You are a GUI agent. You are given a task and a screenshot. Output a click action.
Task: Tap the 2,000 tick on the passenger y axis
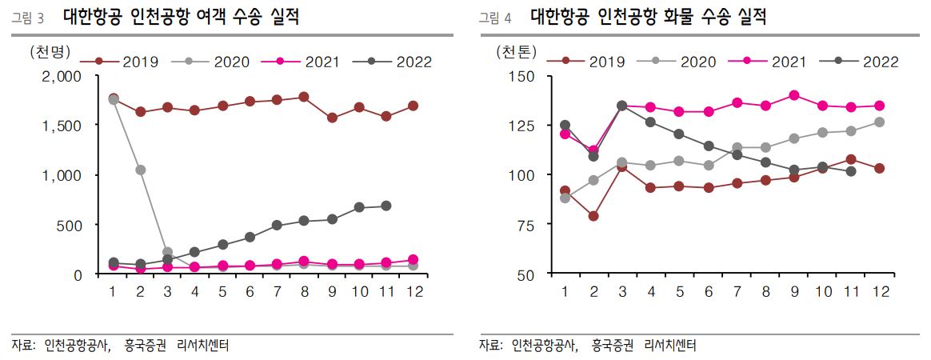tap(61, 76)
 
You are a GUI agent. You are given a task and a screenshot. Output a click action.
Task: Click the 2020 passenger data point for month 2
tap(140, 170)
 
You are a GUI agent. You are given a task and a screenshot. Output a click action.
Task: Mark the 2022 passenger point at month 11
tap(386, 206)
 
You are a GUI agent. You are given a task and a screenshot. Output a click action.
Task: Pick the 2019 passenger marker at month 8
tap(303, 97)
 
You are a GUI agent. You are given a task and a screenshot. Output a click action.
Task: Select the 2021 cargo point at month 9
tap(794, 95)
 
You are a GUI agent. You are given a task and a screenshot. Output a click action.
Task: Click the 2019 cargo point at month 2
tap(593, 216)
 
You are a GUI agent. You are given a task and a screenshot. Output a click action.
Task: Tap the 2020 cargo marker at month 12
tap(878, 122)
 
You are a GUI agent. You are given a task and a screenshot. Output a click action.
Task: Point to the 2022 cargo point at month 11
tap(851, 171)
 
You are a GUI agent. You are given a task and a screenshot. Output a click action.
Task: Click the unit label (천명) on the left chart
tap(50, 52)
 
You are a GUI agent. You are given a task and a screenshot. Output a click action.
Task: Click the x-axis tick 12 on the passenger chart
tap(413, 293)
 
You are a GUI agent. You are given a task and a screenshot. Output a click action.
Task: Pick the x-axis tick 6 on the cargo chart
tap(709, 293)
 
